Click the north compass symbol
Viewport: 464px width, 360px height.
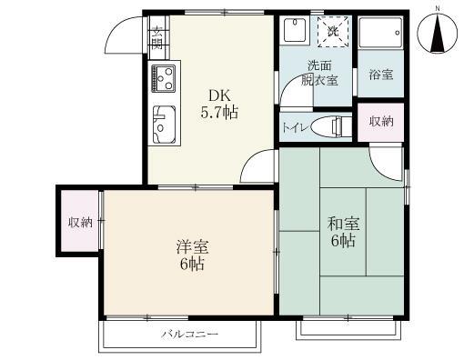click(436, 34)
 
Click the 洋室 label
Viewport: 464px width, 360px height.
click(190, 246)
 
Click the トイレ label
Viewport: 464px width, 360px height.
click(293, 127)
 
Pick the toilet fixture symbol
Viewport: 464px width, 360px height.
click(327, 126)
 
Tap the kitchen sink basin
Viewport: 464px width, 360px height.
click(165, 124)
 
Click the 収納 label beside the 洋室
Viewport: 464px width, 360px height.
click(79, 223)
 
